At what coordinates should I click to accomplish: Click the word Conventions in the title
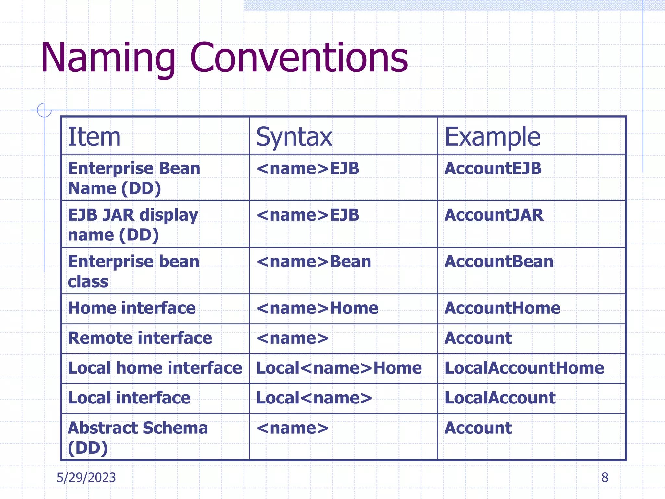point(299,58)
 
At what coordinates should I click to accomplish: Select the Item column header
point(94,137)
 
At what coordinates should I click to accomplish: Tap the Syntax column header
point(294,137)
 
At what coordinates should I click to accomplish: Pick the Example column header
point(492,137)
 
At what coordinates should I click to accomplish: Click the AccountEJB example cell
point(493,168)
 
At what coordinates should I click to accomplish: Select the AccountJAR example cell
point(494,215)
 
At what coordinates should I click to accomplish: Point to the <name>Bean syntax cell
point(314,262)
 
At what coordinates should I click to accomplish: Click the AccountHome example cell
point(502,308)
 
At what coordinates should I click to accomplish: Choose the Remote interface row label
point(140,338)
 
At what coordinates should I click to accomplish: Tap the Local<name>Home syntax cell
point(339,368)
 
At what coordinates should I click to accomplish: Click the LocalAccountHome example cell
point(524,368)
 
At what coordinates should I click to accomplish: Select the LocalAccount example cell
point(500,398)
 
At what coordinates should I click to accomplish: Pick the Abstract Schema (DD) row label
point(138,437)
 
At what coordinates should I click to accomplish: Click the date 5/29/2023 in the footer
point(86,478)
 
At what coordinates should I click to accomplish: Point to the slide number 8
point(605,478)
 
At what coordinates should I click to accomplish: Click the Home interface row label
point(132,308)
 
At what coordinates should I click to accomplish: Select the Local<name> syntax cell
point(314,398)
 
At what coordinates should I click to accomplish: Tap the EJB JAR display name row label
point(133,224)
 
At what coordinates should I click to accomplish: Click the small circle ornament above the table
point(44,110)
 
